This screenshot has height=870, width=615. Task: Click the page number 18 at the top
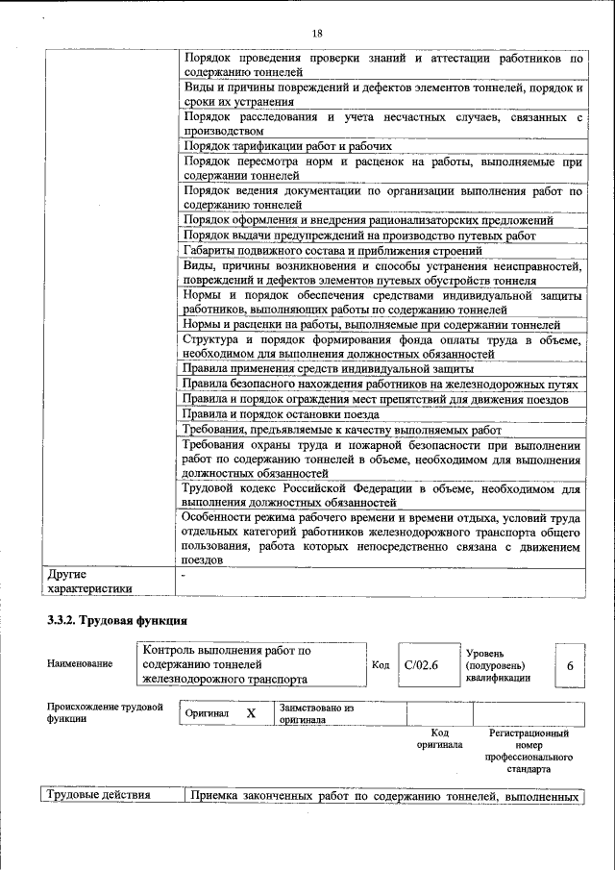click(x=316, y=34)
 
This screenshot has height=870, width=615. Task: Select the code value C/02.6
click(x=421, y=664)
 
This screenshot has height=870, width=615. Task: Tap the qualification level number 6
click(x=570, y=665)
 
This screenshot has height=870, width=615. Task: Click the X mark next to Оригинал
click(x=251, y=713)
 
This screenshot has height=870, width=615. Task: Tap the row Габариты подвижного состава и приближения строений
click(x=339, y=250)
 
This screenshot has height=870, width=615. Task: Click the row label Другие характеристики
click(x=89, y=582)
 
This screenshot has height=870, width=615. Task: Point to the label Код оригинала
click(x=439, y=739)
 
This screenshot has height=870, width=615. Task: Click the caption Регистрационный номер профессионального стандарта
click(x=529, y=752)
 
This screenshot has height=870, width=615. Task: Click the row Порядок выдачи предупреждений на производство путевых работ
click(x=358, y=236)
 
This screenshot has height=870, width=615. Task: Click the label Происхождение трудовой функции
click(x=105, y=713)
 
